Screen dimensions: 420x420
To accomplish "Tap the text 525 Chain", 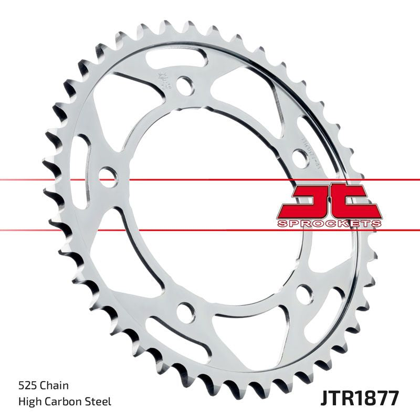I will (x=44, y=386).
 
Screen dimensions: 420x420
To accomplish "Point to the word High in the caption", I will (x=30, y=402).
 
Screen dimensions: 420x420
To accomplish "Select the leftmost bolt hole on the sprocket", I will (x=107, y=175).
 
